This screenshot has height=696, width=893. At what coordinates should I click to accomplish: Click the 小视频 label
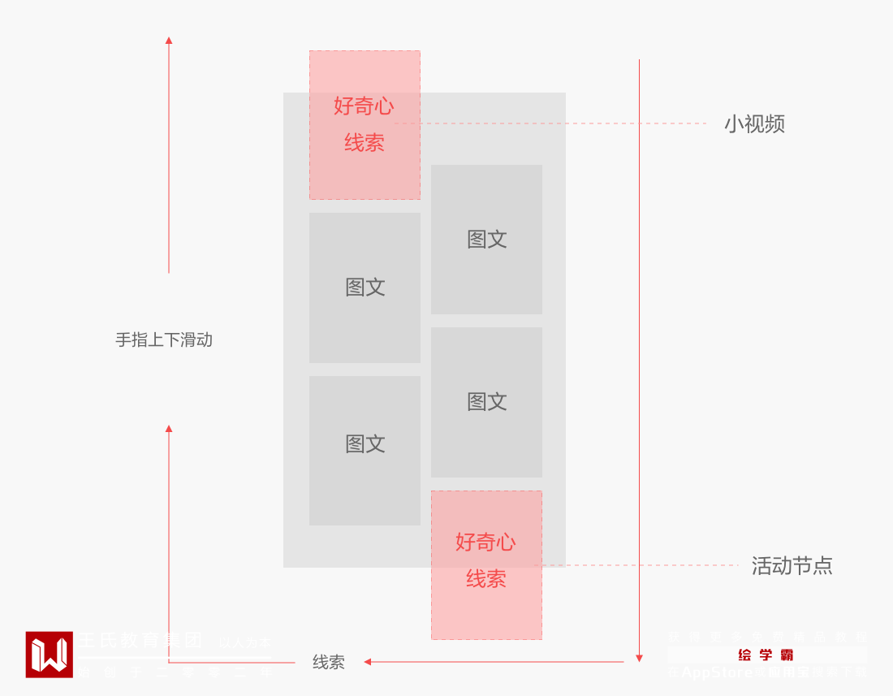[754, 124]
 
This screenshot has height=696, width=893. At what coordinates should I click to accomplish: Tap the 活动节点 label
[792, 566]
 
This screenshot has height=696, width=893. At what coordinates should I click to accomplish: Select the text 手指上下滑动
[164, 340]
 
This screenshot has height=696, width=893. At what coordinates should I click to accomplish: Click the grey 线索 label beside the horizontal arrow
[329, 663]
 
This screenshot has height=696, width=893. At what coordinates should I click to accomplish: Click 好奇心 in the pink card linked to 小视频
[364, 106]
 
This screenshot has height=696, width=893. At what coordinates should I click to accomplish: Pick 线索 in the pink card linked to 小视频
[364, 143]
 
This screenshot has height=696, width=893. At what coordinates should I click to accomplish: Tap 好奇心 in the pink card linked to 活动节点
[485, 542]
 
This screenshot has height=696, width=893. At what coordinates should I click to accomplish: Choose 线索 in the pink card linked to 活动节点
[485, 579]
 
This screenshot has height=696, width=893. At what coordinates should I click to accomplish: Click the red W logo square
[49, 655]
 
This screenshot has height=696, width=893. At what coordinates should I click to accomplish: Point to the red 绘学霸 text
[766, 655]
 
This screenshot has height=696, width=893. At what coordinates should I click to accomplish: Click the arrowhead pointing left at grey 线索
[368, 662]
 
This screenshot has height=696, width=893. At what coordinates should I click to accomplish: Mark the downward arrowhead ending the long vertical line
[639, 658]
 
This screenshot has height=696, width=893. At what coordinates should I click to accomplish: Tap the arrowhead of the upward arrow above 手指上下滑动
[169, 40]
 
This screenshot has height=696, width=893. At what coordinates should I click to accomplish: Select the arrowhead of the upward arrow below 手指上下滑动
[169, 428]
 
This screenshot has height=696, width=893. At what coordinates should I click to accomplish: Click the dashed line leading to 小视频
[568, 123]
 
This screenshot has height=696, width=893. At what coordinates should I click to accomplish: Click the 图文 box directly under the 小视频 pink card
[365, 287]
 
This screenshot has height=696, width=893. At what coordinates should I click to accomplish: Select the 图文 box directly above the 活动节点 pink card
[486, 402]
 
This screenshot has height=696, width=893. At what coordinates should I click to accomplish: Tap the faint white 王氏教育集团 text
[140, 641]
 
